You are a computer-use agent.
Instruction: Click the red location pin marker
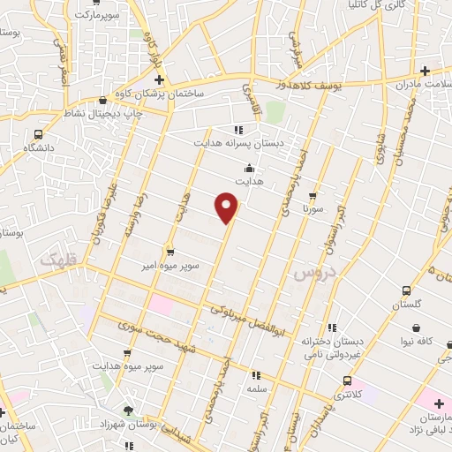click(x=228, y=208)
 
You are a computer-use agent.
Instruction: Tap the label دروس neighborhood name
click(x=311, y=275)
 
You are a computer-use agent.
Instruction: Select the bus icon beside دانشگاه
click(x=37, y=134)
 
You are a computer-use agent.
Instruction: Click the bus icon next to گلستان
click(x=406, y=290)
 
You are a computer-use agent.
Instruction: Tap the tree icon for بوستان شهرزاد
click(x=129, y=411)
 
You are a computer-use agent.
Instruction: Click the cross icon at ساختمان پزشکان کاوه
click(x=159, y=80)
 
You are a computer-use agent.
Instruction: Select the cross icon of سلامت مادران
click(x=425, y=71)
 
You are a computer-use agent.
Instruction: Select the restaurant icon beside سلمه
click(x=256, y=374)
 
